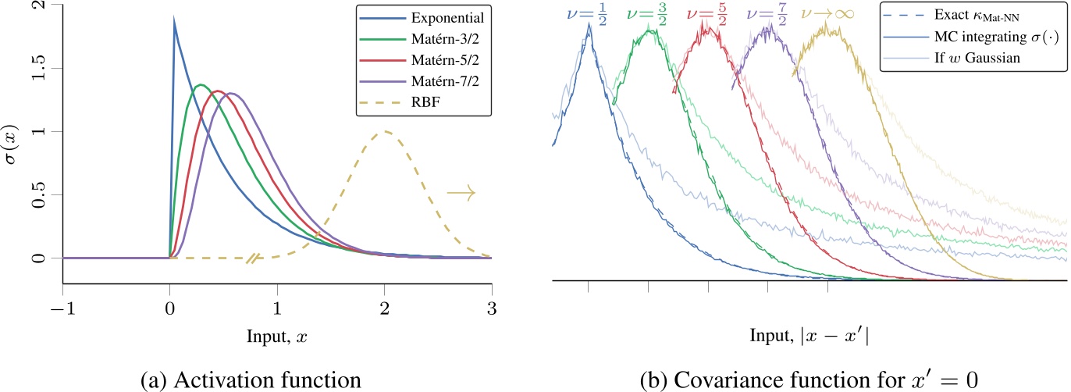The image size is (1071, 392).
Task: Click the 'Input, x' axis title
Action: [276, 333]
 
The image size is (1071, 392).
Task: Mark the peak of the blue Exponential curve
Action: [173, 18]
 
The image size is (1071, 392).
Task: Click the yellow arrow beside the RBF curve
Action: [461, 192]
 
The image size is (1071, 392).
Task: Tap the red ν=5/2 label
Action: [707, 13]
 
